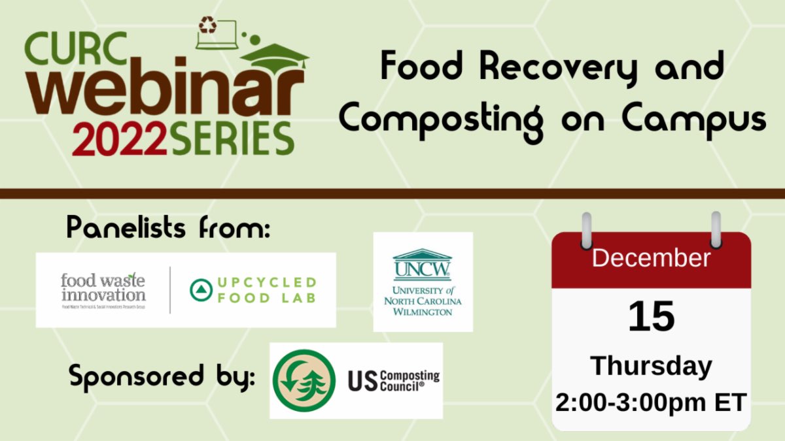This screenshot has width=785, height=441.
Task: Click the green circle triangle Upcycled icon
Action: pos(200,290)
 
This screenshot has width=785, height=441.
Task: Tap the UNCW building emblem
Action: pos(423,265)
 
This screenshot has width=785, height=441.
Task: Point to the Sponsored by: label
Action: pos(162,377)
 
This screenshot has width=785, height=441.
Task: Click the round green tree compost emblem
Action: pos(304,381)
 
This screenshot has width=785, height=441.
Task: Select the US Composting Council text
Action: pos(392,380)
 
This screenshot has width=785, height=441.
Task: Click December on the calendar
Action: pos(651,258)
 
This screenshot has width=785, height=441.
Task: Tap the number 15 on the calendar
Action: pos(651,316)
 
